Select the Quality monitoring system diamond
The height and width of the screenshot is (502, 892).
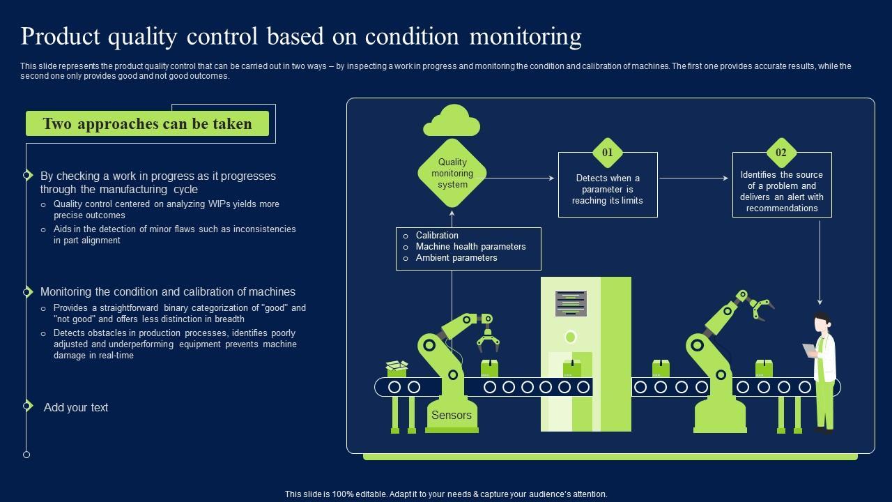452,174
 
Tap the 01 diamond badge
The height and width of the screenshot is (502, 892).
608,153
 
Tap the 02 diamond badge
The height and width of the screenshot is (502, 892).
781,153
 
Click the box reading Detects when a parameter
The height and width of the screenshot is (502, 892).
608,190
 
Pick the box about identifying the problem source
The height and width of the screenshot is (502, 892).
782,191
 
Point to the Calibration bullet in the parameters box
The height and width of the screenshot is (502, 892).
437,236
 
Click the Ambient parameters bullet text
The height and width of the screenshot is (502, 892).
456,258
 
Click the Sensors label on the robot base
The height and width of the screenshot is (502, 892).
452,416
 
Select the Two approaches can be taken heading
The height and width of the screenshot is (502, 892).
147,124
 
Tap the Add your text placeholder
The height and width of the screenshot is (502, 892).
76,408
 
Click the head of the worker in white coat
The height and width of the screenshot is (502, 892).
823,324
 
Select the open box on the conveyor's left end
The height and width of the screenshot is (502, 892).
397,367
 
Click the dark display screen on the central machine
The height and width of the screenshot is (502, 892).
571,303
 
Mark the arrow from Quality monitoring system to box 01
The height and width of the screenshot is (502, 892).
520,178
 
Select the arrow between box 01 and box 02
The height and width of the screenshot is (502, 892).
694,178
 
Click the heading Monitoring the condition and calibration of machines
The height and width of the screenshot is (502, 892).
168,292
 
